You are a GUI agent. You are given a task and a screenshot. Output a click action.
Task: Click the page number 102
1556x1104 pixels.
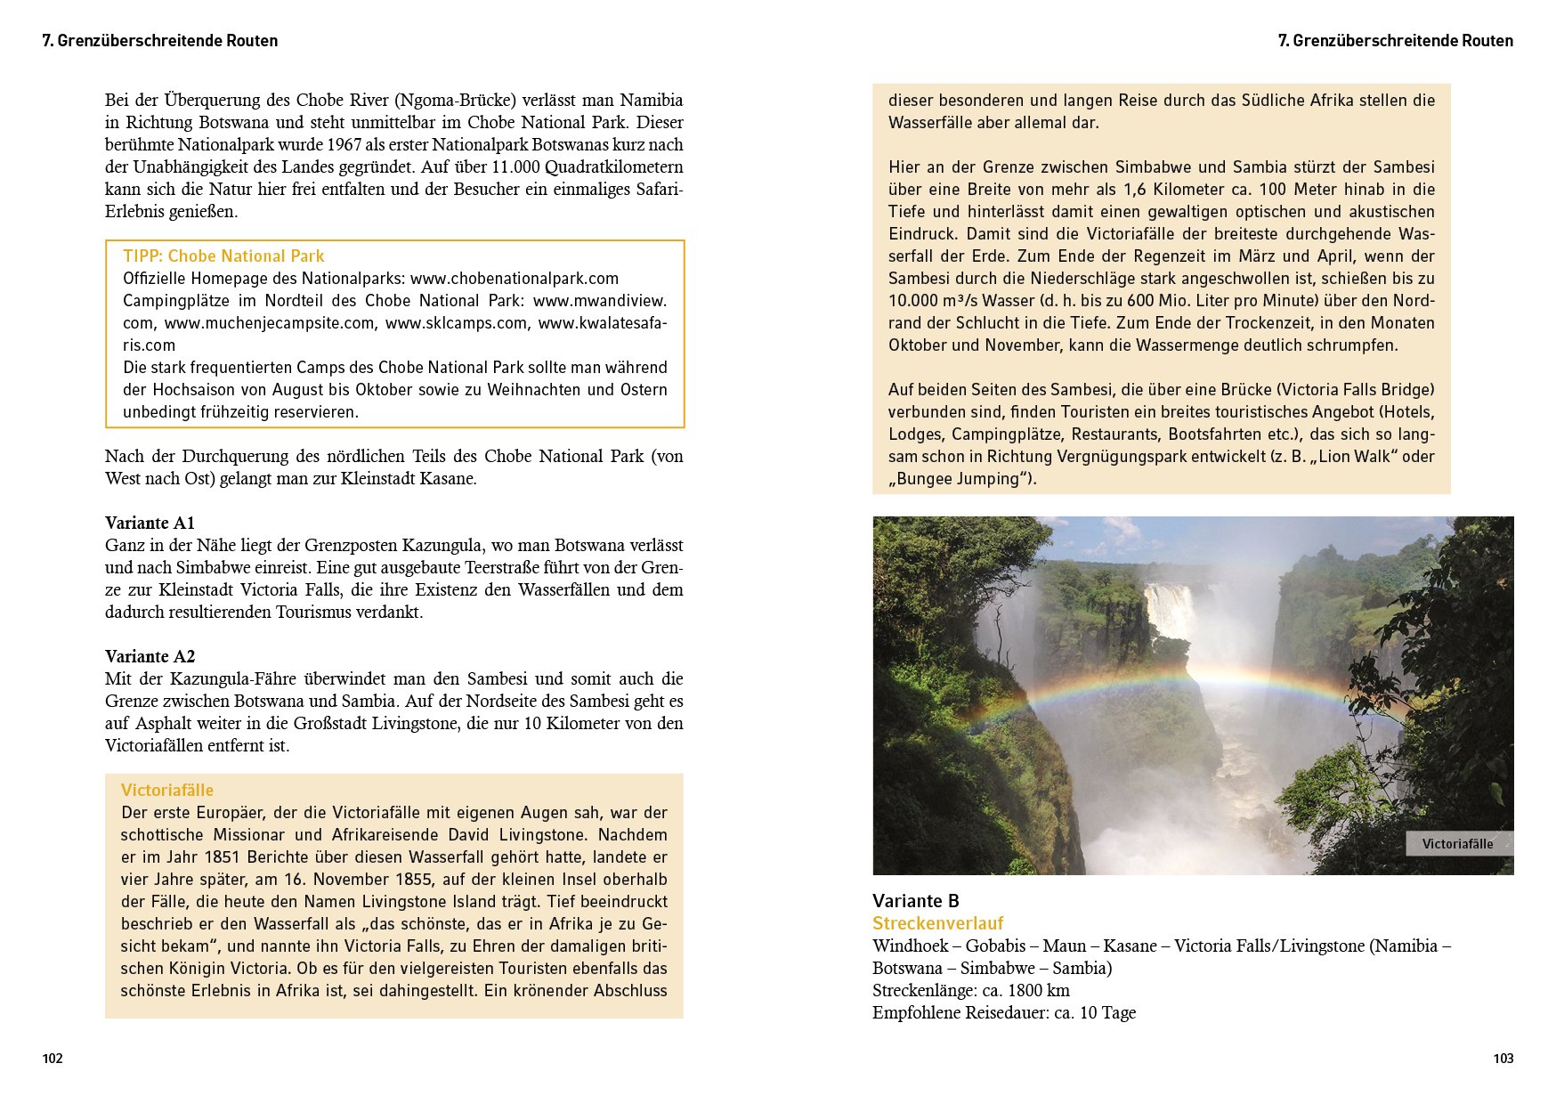tap(53, 1059)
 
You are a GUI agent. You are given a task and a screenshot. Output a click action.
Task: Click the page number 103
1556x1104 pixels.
tap(1503, 1059)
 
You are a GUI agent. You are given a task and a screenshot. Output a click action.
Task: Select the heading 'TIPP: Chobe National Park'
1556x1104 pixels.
tap(223, 256)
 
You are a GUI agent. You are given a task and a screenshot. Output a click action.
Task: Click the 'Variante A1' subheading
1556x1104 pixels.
tap(150, 523)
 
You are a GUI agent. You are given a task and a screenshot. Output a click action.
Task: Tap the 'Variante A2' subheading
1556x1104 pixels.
tap(150, 656)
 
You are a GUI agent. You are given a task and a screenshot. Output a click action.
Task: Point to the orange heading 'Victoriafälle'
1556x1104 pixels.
tap(167, 790)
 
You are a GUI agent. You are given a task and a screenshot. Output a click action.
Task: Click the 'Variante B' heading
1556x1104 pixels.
tap(915, 901)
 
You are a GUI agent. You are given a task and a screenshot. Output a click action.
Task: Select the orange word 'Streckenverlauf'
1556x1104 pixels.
tap(937, 923)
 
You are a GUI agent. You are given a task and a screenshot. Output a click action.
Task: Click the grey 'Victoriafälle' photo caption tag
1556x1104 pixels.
tap(1457, 844)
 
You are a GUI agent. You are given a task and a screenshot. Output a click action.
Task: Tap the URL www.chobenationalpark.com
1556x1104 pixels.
tap(514, 279)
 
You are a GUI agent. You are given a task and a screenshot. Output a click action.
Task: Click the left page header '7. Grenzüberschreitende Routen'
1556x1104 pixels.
tap(160, 41)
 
